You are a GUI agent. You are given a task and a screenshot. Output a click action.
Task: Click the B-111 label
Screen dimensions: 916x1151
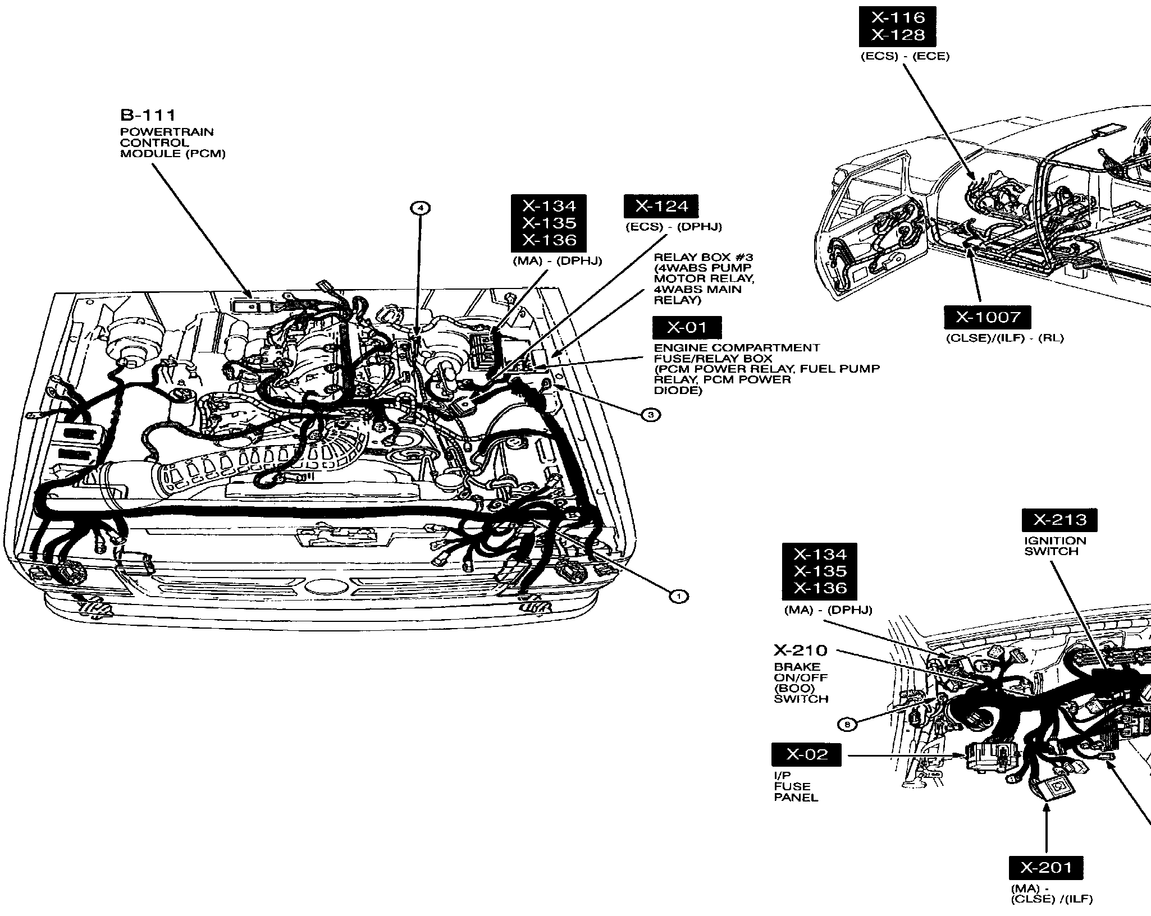pos(148,115)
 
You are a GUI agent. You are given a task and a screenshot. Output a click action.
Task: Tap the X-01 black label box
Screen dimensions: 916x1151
pos(687,328)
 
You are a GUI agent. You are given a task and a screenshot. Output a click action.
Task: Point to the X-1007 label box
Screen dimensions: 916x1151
pos(988,318)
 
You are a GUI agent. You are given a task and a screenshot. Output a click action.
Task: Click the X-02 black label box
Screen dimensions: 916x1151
pos(807,754)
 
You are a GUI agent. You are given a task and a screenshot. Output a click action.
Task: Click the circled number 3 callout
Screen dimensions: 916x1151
pos(651,415)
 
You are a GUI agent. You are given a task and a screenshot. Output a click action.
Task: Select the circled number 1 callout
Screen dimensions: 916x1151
pos(679,596)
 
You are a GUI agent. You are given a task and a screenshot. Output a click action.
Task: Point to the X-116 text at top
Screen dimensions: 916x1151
pos(897,17)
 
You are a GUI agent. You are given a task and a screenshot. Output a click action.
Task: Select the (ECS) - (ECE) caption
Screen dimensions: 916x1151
pos(905,57)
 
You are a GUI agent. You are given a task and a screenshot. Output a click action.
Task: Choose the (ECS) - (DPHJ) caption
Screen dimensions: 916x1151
pos(674,227)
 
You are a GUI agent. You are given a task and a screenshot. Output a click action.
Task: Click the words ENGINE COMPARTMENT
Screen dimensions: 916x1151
pos(737,348)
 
